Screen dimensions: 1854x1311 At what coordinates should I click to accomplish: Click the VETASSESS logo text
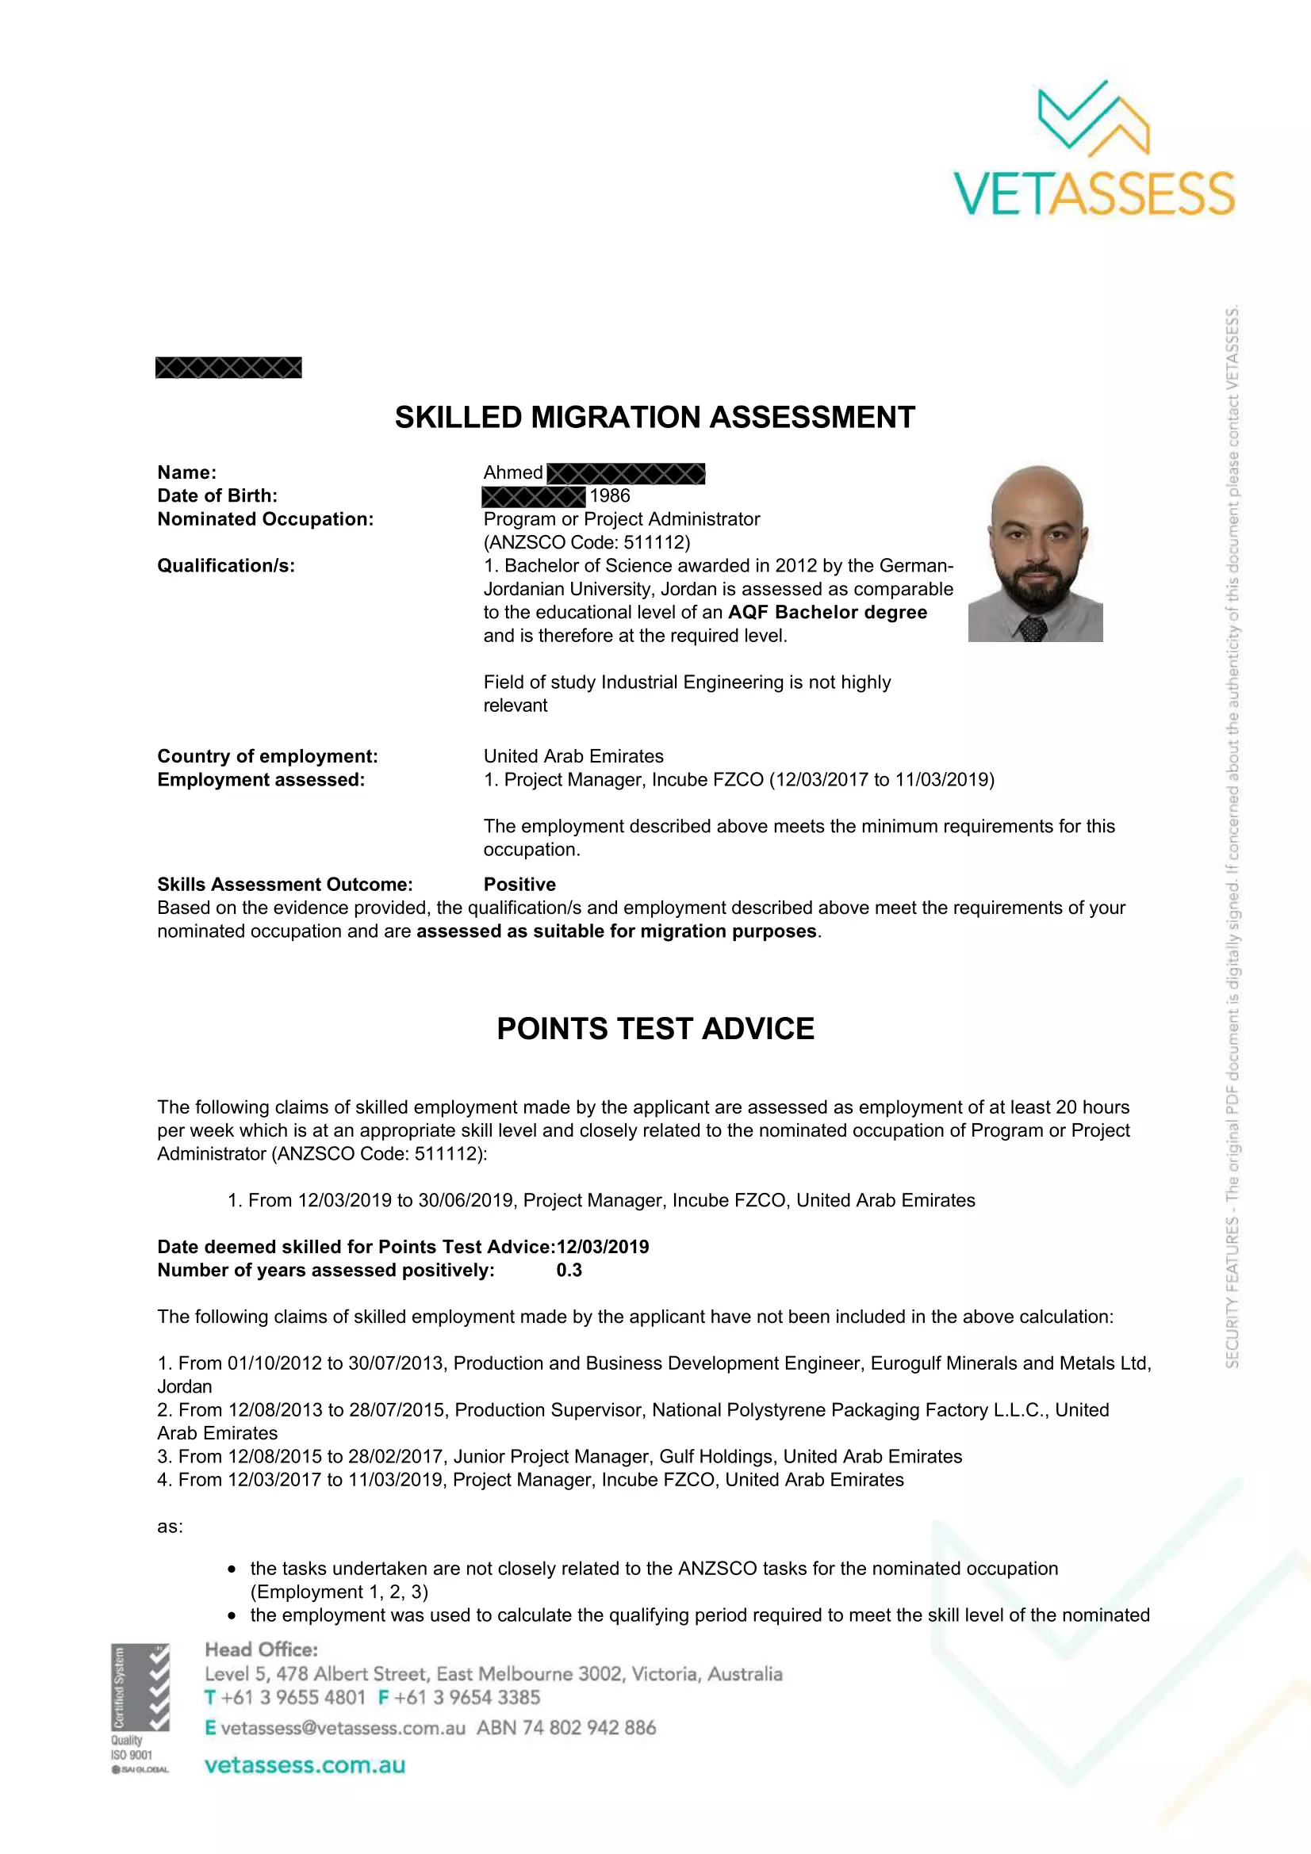coord(1094,193)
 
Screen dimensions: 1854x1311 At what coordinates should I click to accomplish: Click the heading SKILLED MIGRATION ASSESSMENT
coord(654,418)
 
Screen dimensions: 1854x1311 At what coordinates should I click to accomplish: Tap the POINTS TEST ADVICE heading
coord(655,1029)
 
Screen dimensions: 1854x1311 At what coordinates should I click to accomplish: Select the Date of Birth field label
coord(217,495)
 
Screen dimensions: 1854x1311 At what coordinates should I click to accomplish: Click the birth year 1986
coord(610,495)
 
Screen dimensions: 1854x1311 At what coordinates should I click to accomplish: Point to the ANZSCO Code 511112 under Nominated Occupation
coord(587,543)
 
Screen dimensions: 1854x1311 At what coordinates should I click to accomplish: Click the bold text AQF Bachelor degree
coord(827,612)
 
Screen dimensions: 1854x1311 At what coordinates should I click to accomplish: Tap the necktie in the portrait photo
coord(1033,628)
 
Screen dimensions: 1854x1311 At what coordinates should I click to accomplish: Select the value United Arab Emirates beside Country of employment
coord(573,757)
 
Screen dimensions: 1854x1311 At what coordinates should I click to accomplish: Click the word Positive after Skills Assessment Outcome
coord(519,885)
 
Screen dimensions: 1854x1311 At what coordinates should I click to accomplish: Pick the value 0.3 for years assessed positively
coord(569,1270)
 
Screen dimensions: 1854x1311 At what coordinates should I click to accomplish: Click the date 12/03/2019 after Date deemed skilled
coord(603,1247)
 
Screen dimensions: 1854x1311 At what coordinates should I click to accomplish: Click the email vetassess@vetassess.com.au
coord(343,1727)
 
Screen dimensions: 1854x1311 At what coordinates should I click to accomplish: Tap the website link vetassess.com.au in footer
coord(305,1765)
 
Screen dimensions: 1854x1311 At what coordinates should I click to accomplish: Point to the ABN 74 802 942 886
coord(566,1727)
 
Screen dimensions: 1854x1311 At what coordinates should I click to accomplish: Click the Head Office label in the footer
coord(261,1649)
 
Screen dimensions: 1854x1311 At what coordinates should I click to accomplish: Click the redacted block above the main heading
coord(228,369)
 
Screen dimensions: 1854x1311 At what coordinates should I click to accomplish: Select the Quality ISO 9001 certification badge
coord(140,1707)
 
